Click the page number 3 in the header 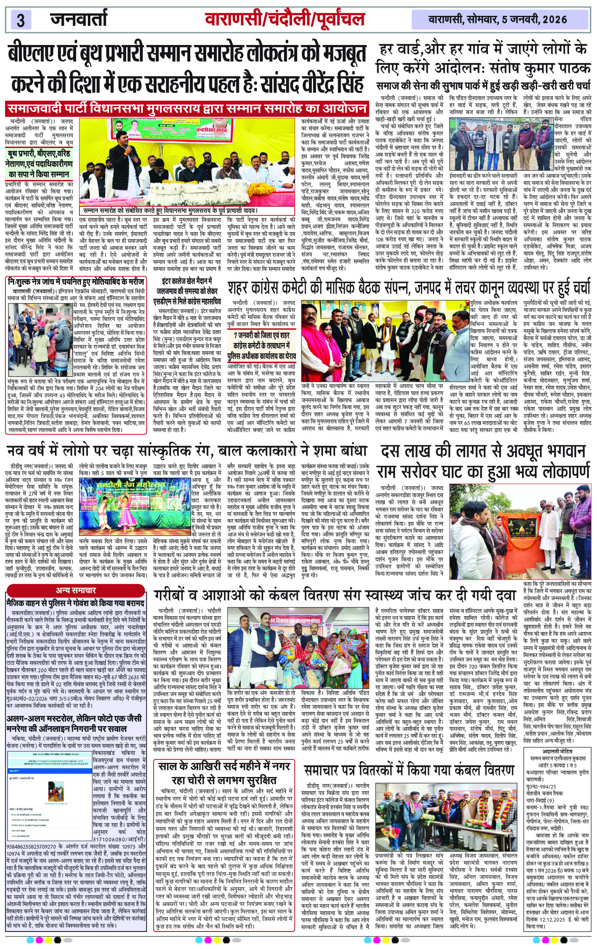pyautogui.click(x=20, y=20)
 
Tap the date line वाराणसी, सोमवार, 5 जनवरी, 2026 pyautogui.click(x=497, y=19)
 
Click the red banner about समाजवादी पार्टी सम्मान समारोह pyautogui.click(x=187, y=109)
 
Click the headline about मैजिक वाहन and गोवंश pyautogui.click(x=75, y=603)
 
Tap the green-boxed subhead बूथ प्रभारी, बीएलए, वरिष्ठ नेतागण pyautogui.click(x=40, y=164)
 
